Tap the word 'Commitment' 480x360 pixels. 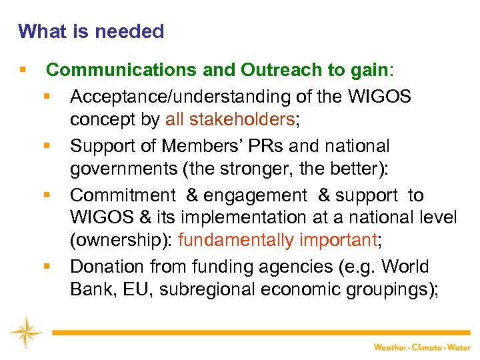point(121,195)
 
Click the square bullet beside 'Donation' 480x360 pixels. point(46,266)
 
